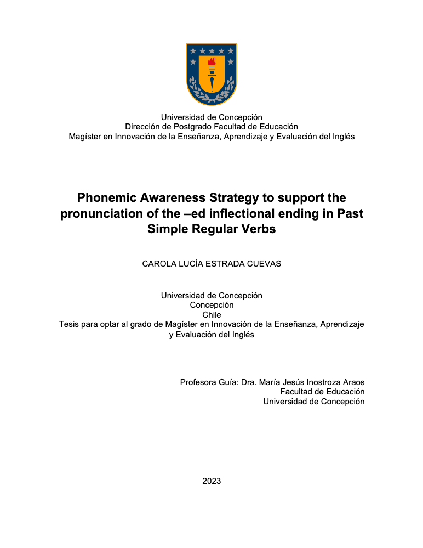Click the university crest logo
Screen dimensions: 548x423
[211, 74]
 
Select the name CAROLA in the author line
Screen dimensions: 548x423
[158, 264]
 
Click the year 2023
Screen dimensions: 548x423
[211, 481]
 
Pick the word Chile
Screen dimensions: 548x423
[211, 315]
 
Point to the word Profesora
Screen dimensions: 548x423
[199, 382]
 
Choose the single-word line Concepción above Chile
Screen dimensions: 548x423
[211, 305]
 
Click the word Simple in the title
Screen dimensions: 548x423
[167, 229]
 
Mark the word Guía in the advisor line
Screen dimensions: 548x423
[228, 382]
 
